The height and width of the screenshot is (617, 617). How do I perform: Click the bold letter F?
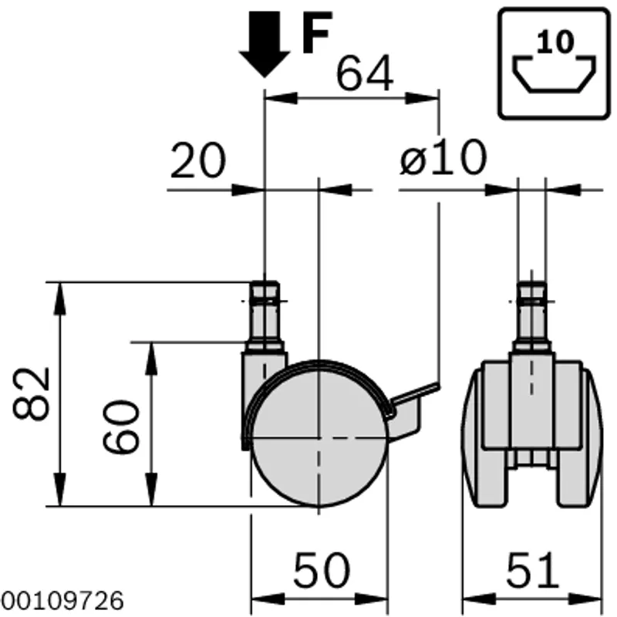pyautogui.click(x=317, y=32)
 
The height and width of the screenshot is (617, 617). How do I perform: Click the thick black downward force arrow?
pyautogui.click(x=265, y=44)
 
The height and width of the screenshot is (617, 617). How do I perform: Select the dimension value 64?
pyautogui.click(x=365, y=73)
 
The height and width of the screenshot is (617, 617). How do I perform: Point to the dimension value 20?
pyautogui.click(x=198, y=160)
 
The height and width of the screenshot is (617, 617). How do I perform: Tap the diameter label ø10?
pyautogui.click(x=443, y=157)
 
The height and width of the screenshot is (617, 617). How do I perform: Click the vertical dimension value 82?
pyautogui.click(x=32, y=393)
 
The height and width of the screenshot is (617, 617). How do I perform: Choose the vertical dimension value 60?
pyautogui.click(x=121, y=427)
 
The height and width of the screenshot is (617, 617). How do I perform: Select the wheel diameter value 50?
pyautogui.click(x=322, y=570)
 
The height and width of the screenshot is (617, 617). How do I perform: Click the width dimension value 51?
pyautogui.click(x=532, y=570)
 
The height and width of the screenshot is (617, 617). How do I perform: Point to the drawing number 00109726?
pyautogui.click(x=62, y=602)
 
